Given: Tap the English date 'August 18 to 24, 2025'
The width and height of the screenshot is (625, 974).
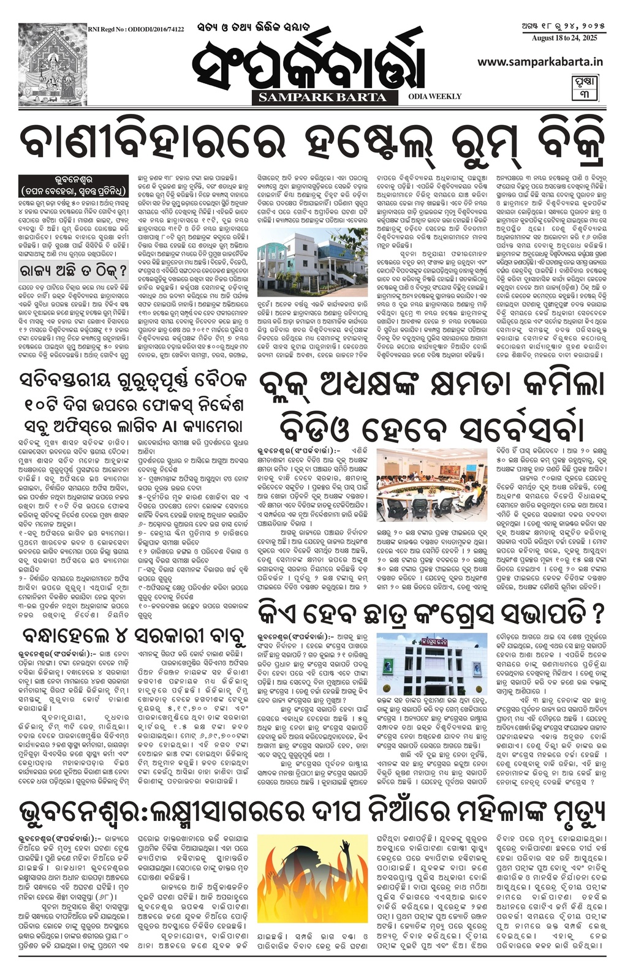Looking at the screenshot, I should (556, 39).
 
